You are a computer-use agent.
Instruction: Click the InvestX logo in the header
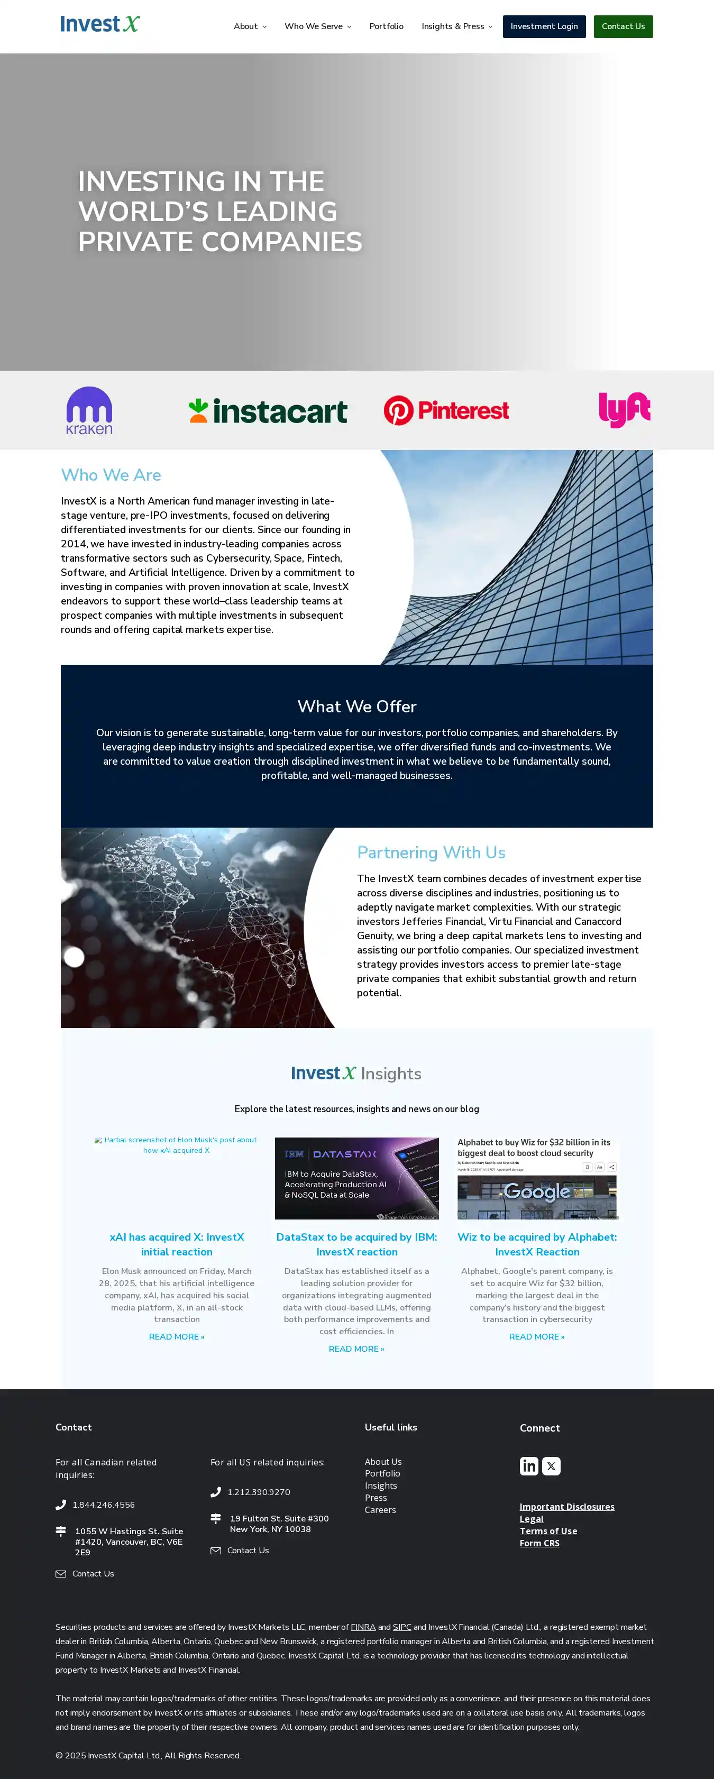pyautogui.click(x=100, y=24)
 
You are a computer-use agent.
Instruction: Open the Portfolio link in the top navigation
pyautogui.click(x=386, y=26)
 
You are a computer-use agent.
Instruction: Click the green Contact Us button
pyautogui.click(x=623, y=26)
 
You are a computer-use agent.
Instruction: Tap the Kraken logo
pyautogui.click(x=89, y=410)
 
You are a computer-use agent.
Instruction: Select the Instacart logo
pyautogui.click(x=268, y=411)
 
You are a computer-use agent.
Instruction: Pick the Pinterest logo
pyautogui.click(x=446, y=410)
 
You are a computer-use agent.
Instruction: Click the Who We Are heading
pyautogui.click(x=111, y=475)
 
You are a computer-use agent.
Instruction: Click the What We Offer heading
pyautogui.click(x=357, y=707)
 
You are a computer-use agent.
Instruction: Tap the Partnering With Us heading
pyautogui.click(x=431, y=852)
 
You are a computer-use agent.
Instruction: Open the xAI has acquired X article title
pyautogui.click(x=177, y=1244)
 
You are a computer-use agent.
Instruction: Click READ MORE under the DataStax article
pyautogui.click(x=356, y=1349)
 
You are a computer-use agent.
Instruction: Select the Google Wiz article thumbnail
pyautogui.click(x=537, y=1178)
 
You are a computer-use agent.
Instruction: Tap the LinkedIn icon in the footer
pyautogui.click(x=529, y=1465)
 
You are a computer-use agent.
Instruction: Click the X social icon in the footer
pyautogui.click(x=551, y=1465)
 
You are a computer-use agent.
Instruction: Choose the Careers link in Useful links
pyautogui.click(x=380, y=1510)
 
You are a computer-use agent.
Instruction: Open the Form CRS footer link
pyautogui.click(x=539, y=1543)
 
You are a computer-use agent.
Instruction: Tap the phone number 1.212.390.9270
pyautogui.click(x=259, y=1492)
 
